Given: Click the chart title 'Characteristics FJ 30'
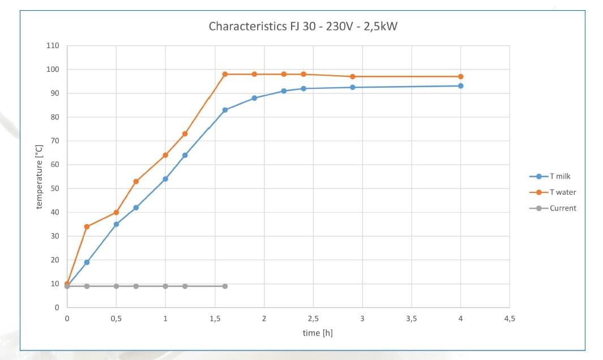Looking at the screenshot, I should [x=303, y=26].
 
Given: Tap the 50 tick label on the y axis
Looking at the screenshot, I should [x=55, y=188].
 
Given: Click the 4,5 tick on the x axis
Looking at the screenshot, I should [x=509, y=319].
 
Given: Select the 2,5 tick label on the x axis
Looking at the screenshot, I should [x=313, y=319].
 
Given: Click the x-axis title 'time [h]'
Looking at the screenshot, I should [x=317, y=333].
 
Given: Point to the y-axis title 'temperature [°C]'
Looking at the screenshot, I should [x=39, y=176].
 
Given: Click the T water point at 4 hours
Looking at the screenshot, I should [x=461, y=76].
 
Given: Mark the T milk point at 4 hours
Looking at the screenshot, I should [x=461, y=86].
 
